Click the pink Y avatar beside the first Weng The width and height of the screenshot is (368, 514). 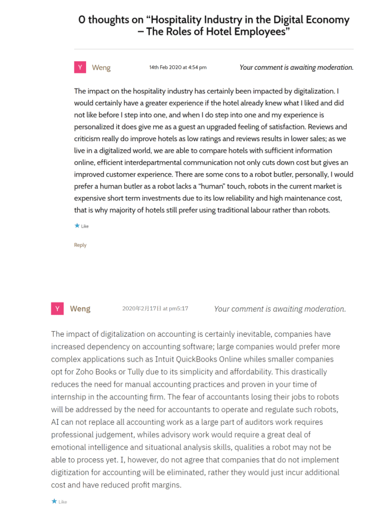point(80,67)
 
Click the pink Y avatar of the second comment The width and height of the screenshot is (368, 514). point(57,309)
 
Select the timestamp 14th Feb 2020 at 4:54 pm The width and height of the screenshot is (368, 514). point(177,67)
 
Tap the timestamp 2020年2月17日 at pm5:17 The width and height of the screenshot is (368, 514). point(155,309)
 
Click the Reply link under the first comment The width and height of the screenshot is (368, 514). point(80,245)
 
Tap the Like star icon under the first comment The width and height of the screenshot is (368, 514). point(77,226)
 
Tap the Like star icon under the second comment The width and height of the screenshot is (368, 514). point(54,501)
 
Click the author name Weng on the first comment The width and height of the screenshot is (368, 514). point(101,67)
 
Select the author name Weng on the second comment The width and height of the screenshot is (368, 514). point(80,309)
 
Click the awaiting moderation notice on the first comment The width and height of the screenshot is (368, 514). point(296,67)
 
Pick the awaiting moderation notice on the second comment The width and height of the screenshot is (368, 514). point(280,309)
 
